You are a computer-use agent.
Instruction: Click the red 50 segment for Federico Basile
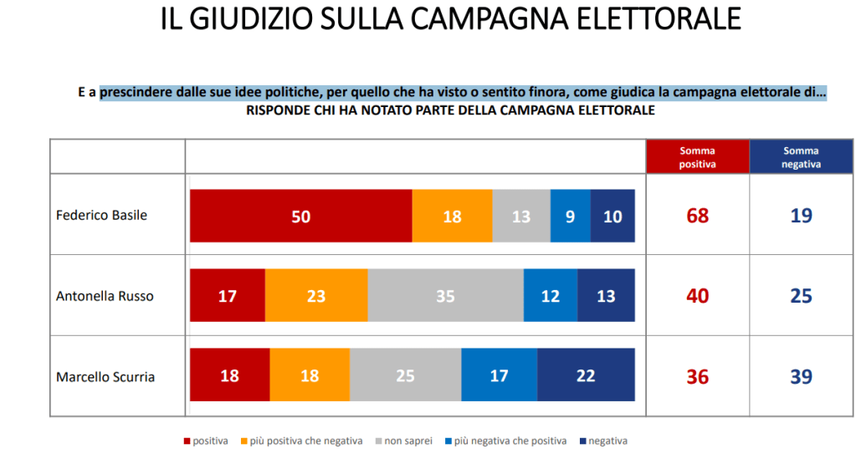click(301, 216)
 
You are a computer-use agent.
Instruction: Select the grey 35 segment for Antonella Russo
click(445, 296)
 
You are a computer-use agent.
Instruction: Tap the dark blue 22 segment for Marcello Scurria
click(586, 376)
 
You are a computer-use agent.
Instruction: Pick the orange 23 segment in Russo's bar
click(316, 296)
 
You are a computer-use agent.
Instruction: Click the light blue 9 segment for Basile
click(570, 216)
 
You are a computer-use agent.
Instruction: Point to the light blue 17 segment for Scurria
click(499, 376)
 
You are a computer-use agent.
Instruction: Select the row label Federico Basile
click(101, 215)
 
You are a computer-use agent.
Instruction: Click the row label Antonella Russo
click(105, 296)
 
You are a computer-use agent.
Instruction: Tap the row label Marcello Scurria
click(105, 377)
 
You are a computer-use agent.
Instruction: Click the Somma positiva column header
click(697, 157)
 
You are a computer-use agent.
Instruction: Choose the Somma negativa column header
click(801, 157)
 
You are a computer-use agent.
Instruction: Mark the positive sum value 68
click(697, 216)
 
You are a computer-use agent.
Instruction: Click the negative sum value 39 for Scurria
click(801, 377)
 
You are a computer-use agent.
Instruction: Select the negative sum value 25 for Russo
click(801, 296)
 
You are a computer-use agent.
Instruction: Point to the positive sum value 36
click(697, 377)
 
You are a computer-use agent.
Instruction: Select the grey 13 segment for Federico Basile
click(520, 216)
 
